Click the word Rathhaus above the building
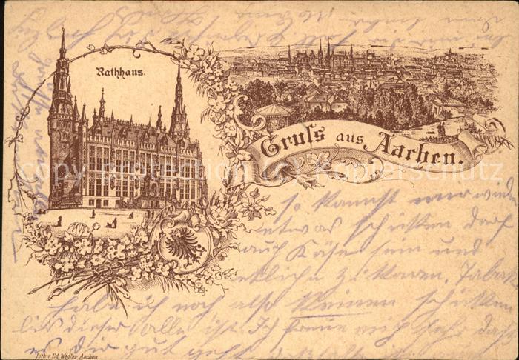119,73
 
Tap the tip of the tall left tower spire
63,30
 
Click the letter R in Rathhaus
99,73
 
